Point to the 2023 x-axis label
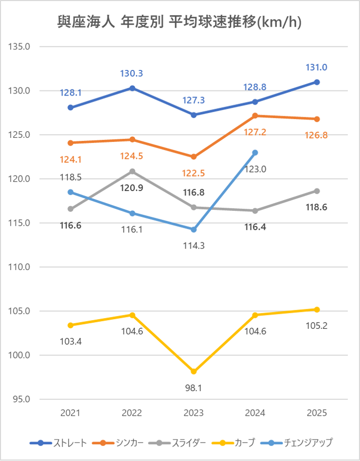pyautogui.click(x=194, y=413)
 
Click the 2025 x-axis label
pyautogui.click(x=317, y=413)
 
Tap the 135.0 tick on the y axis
pyautogui.click(x=20, y=47)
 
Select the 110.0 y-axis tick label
pyautogui.click(x=20, y=267)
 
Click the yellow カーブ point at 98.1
pyautogui.click(x=194, y=371)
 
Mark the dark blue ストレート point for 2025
pyautogui.click(x=317, y=82)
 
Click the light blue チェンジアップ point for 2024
pyautogui.click(x=255, y=153)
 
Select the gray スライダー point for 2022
pyautogui.click(x=132, y=172)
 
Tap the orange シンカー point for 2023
pyautogui.click(x=194, y=157)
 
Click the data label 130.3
pyautogui.click(x=132, y=74)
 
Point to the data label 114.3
pyautogui.click(x=194, y=246)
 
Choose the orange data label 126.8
pyautogui.click(x=317, y=135)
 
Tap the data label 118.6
pyautogui.click(x=317, y=207)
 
